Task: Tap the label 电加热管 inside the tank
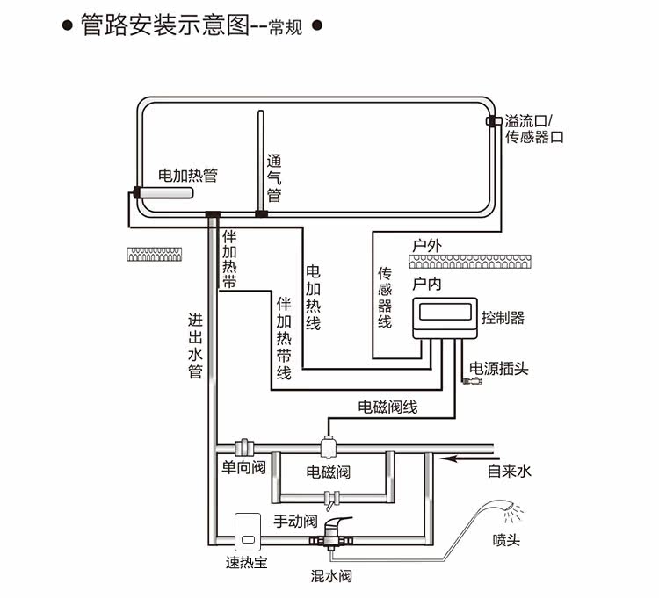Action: click(x=187, y=176)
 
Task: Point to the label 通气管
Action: click(x=273, y=177)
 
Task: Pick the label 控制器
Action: click(x=503, y=318)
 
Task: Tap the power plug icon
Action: click(x=472, y=382)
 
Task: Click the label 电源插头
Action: click(x=499, y=368)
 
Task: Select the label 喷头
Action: click(x=506, y=539)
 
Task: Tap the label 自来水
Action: click(x=510, y=472)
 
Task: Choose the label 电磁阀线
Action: click(x=387, y=407)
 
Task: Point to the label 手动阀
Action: click(x=294, y=521)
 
